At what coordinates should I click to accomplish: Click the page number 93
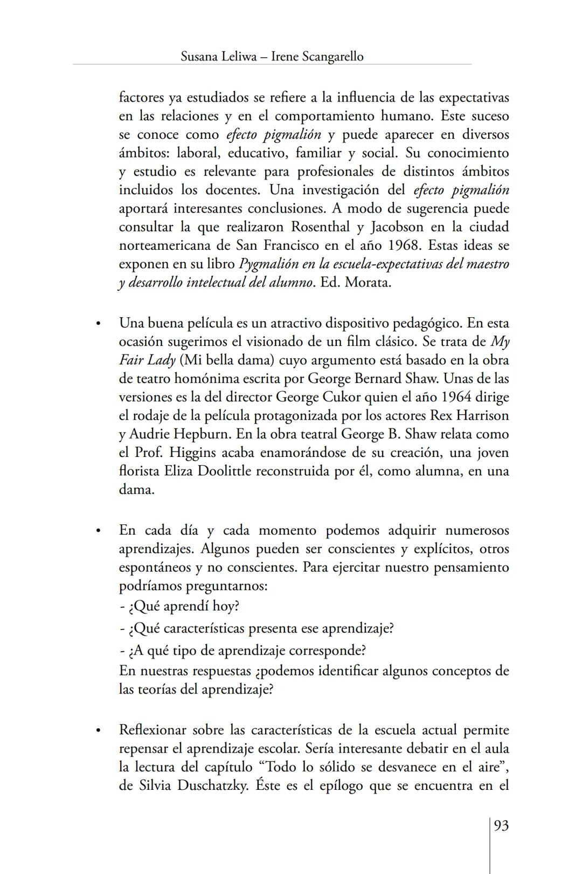coord(501,826)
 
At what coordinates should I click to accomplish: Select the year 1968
coord(404,245)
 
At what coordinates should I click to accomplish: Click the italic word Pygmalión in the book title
coord(266,264)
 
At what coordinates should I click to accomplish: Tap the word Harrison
coord(482,415)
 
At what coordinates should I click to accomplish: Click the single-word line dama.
coord(136,490)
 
